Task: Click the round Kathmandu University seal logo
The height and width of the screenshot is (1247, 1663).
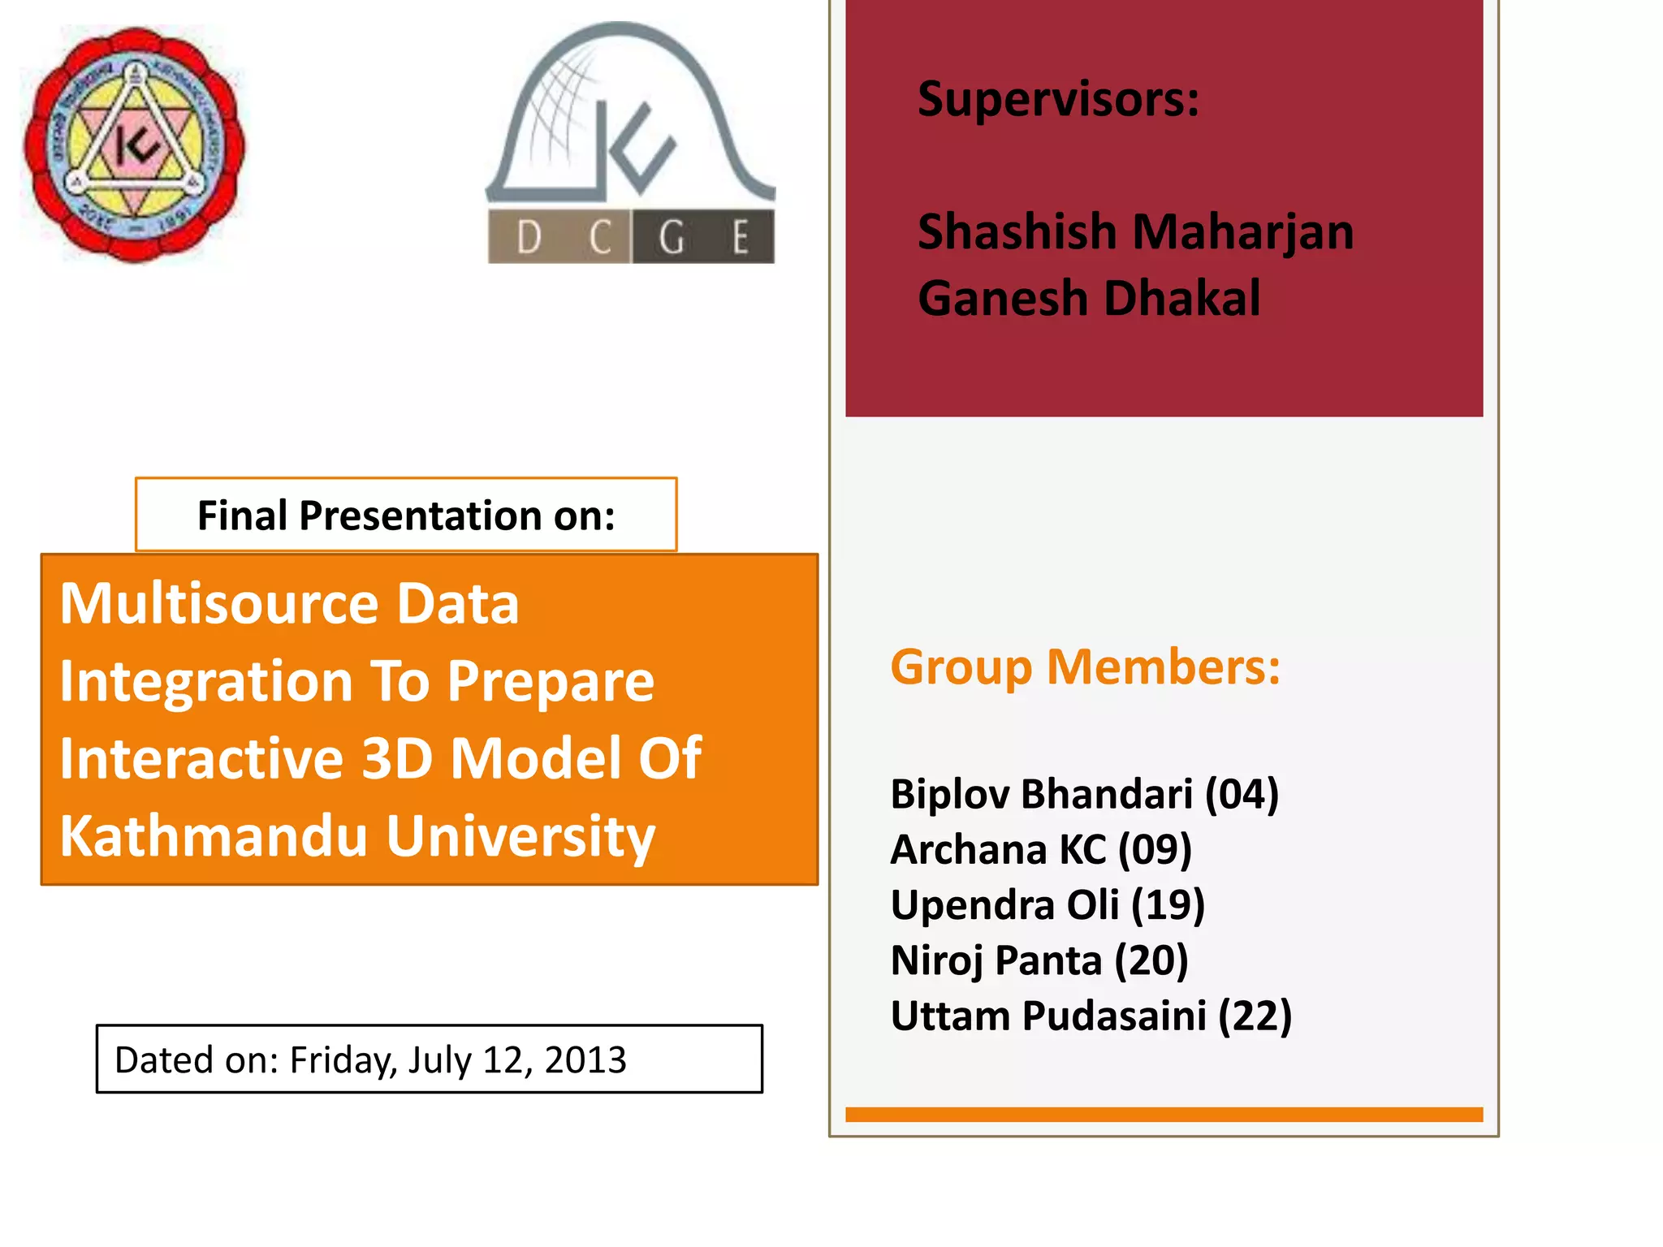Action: tap(134, 145)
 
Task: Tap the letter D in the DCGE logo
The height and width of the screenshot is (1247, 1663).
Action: tap(529, 238)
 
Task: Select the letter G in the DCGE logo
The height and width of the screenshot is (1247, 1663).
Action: tap(672, 238)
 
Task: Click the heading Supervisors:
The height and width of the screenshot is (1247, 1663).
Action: tap(1058, 99)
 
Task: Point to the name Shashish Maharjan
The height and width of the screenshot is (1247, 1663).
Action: tap(1135, 232)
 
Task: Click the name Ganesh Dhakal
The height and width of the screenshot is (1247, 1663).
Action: tap(1088, 298)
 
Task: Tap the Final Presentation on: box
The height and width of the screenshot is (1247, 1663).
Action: tap(406, 516)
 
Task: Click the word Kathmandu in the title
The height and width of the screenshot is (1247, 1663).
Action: tap(214, 836)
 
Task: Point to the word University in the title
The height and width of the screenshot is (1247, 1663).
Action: tap(520, 836)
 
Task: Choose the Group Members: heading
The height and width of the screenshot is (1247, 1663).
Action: tap(1085, 667)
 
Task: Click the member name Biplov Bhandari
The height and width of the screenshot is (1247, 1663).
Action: tap(1042, 794)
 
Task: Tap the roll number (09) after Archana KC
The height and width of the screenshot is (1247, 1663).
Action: tap(1155, 850)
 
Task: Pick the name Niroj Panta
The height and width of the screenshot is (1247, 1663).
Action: tap(996, 961)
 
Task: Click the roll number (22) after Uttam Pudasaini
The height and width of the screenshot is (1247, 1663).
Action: tap(1255, 1016)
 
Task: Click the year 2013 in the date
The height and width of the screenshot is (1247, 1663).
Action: tap(585, 1060)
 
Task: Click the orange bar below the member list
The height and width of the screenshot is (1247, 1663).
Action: tap(1164, 1115)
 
